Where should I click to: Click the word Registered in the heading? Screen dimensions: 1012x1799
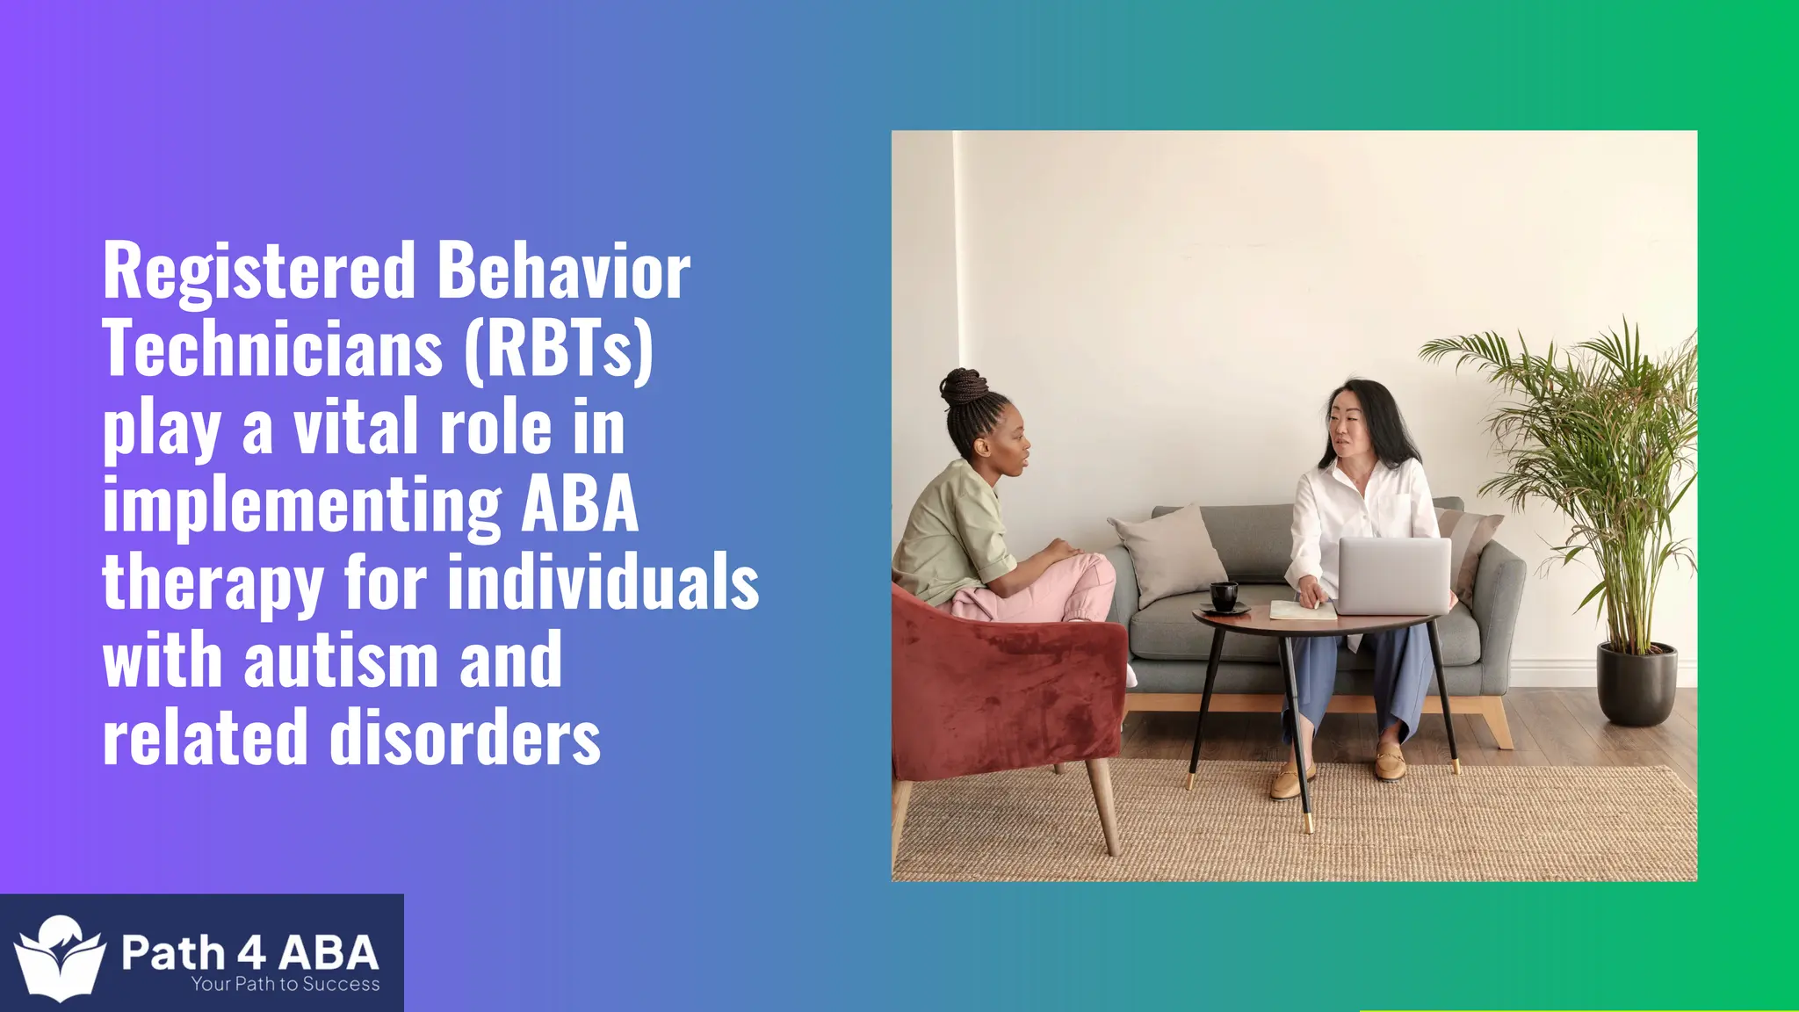click(258, 272)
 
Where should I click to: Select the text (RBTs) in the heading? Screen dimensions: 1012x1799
click(559, 350)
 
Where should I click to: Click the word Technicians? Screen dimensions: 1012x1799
click(272, 350)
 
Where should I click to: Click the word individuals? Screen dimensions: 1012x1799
click(603, 582)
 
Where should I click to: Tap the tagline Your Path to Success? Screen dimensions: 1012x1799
click(285, 985)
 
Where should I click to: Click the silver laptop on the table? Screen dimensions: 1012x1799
click(1393, 576)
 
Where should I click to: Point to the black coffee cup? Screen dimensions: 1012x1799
click(1224, 596)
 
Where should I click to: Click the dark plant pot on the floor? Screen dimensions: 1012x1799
click(1636, 683)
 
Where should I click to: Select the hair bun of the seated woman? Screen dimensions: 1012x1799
click(963, 386)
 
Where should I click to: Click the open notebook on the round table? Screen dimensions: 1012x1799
click(1302, 610)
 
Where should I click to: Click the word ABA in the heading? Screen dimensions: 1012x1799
click(580, 504)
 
